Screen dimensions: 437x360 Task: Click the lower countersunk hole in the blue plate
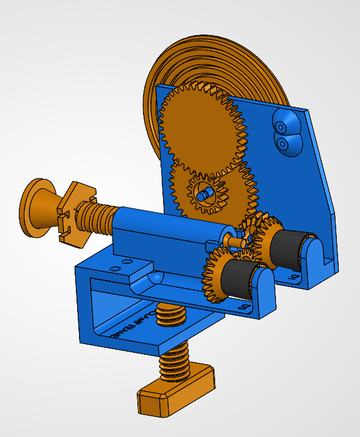283,144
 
